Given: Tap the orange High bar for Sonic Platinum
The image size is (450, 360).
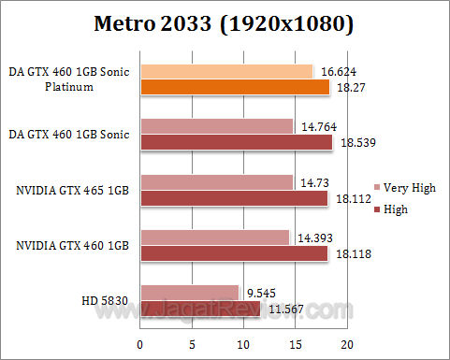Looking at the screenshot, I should click(x=234, y=87).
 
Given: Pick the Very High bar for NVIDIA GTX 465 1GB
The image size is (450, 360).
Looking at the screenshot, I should click(x=216, y=181).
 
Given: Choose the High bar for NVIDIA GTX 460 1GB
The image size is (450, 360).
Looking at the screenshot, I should click(x=234, y=252).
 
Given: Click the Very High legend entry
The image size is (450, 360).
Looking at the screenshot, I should click(x=404, y=188).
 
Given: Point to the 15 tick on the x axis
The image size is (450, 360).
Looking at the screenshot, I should click(x=295, y=344).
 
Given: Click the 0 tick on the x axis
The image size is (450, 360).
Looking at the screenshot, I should click(x=140, y=344).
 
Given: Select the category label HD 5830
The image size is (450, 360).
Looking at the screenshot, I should click(x=106, y=299).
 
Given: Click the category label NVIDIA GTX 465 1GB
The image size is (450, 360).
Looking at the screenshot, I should click(x=71, y=190).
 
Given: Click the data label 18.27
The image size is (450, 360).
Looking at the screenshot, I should click(x=347, y=87).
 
